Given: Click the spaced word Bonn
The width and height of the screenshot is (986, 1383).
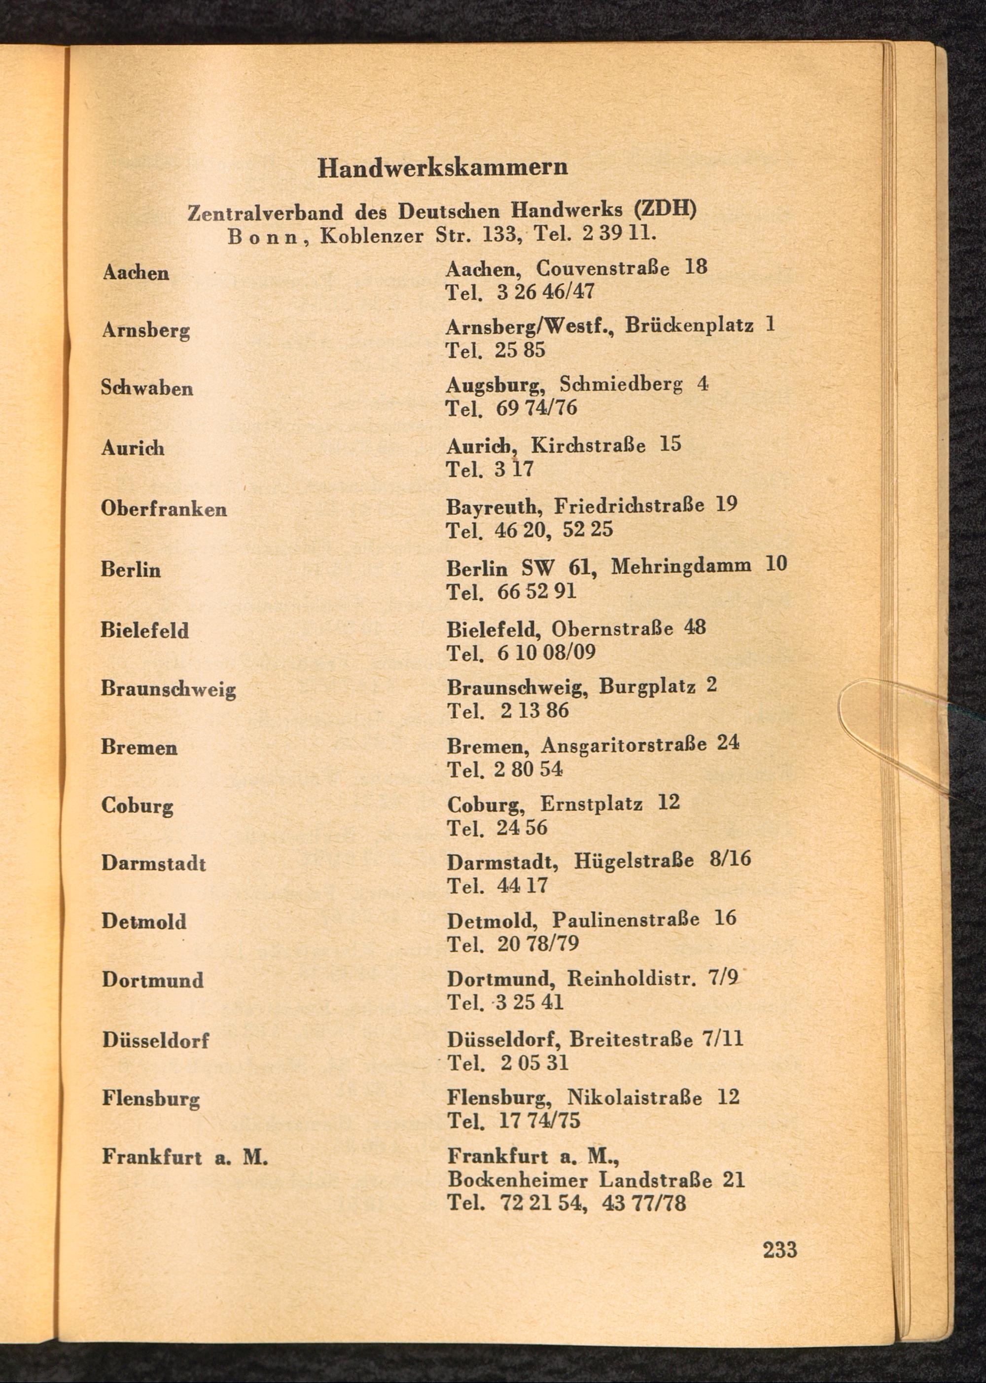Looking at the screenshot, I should coord(263,236).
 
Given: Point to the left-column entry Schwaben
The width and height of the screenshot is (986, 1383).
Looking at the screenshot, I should coord(147,388).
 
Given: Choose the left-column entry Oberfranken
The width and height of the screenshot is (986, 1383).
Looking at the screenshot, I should coord(164,509).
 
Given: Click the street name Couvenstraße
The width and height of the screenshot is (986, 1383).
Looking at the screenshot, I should coord(603,268).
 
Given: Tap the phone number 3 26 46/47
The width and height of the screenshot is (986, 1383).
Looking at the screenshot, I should coord(545,292).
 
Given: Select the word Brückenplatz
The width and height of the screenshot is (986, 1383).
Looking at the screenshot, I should coord(689,326).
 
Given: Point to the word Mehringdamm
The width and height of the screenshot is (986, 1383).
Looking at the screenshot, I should coord(681,566).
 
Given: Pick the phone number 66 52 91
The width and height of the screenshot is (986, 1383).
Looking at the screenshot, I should coord(536,591).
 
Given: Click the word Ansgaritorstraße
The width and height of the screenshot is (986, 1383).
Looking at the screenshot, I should coord(624,745).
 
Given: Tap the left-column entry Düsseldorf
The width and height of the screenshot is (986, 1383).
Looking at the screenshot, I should coord(155,1040).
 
